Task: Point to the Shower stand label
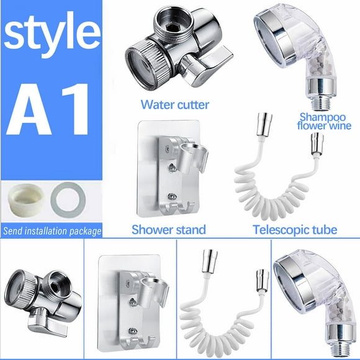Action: [x=168, y=230]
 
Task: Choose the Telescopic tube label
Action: [x=295, y=230]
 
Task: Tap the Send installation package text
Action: [x=52, y=232]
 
